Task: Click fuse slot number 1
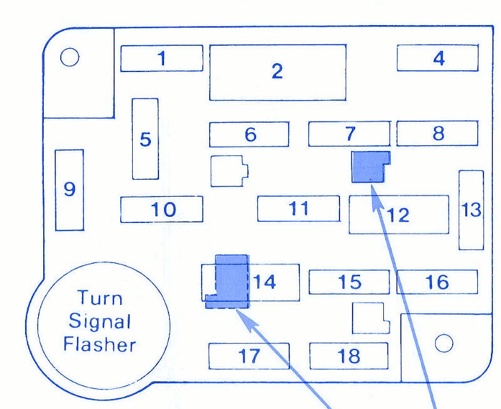coord(162,58)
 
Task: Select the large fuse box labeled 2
coord(277,72)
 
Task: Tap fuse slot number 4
coord(438,58)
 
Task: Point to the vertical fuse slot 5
coord(145,138)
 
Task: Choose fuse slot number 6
coord(249,134)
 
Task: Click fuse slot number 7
coord(349,133)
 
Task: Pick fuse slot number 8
coord(438,133)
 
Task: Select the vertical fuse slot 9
coord(69,189)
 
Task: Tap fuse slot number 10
coord(162,209)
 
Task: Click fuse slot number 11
coord(299,209)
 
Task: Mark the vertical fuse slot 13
coord(471,210)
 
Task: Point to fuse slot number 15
coord(349,282)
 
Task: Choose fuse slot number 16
coord(437,282)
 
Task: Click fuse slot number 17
coord(249,356)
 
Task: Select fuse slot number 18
coord(349,356)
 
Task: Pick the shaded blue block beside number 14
coord(231,280)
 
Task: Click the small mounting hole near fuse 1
coord(70,58)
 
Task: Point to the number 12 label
coord(398,215)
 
